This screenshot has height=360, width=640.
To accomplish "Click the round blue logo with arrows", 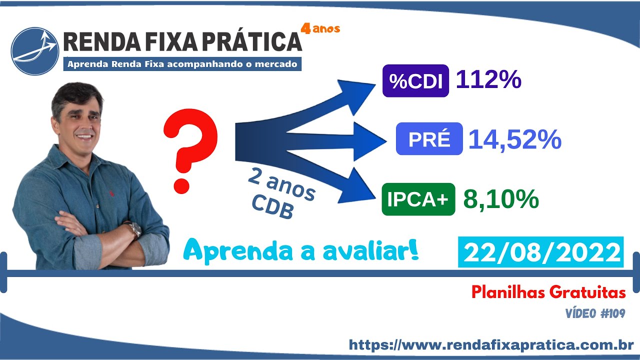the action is (x=35, y=51).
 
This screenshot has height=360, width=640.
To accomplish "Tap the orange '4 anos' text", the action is (x=320, y=29).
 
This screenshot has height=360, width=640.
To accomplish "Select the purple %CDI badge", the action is (x=415, y=81).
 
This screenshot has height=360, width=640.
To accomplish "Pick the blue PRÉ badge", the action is (x=429, y=139).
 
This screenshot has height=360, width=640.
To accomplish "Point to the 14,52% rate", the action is (x=515, y=139).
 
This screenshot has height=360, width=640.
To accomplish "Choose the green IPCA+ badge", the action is (x=418, y=199).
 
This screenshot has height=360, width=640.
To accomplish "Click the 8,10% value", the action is (x=501, y=199).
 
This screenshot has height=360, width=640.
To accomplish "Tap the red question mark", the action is (x=190, y=151).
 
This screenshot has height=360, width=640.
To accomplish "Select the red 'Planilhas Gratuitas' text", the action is (x=548, y=292).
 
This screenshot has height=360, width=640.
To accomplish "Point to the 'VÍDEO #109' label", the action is (x=595, y=313).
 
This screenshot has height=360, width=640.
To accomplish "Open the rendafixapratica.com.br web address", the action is (x=491, y=344).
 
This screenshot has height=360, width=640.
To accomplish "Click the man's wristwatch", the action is (x=135, y=229).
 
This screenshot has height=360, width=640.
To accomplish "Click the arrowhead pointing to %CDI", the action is (x=356, y=95).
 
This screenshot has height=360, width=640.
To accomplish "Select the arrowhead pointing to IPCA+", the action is (x=356, y=186).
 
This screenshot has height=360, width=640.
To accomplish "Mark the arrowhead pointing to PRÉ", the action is (x=369, y=141).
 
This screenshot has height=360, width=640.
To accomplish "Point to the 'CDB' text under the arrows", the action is (x=273, y=207).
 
